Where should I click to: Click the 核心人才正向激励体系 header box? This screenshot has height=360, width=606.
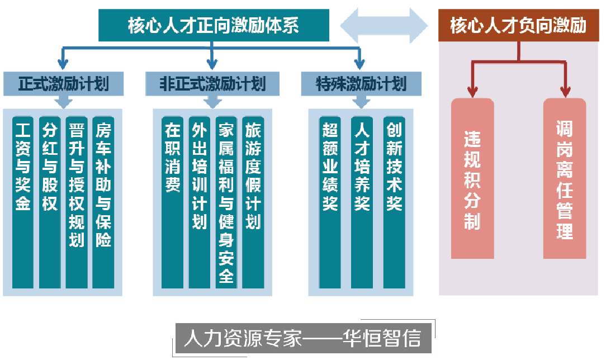point(213,26)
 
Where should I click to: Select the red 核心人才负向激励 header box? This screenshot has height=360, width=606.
point(518,26)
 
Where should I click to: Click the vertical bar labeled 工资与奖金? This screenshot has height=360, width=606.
point(23,201)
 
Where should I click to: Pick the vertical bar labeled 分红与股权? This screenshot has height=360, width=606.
point(50,201)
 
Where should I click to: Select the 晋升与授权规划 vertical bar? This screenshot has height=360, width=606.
point(77,201)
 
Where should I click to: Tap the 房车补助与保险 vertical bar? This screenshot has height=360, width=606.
point(103,201)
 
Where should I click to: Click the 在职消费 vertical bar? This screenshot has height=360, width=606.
point(173,201)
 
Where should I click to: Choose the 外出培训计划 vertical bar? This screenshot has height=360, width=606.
point(200,201)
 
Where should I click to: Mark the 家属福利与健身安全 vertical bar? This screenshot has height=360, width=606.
point(226,201)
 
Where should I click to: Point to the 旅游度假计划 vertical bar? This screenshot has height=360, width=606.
point(253,201)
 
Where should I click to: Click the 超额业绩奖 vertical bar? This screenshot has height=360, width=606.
point(330,201)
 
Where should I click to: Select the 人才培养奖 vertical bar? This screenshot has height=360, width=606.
point(362,201)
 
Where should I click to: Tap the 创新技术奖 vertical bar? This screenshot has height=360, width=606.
point(394,201)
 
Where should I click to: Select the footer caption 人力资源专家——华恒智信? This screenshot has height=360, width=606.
point(302,338)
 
